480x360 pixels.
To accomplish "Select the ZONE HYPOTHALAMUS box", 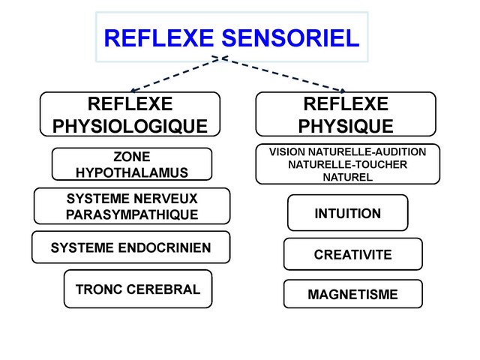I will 131,165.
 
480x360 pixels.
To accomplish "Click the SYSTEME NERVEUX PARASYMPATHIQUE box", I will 131,207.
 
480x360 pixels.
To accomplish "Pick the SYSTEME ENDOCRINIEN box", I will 130,247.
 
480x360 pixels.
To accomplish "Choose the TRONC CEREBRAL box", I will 138,289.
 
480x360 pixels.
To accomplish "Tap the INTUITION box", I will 347,214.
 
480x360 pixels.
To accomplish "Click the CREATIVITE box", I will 352,254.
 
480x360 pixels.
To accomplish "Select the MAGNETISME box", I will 352,295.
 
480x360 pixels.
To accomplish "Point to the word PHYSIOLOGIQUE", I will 130,124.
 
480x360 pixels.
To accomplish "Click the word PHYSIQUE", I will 346,124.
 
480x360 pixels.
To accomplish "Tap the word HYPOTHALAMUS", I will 131,173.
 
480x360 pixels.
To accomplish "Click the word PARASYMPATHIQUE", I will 131,215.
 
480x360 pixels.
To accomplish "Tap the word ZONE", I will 131,157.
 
